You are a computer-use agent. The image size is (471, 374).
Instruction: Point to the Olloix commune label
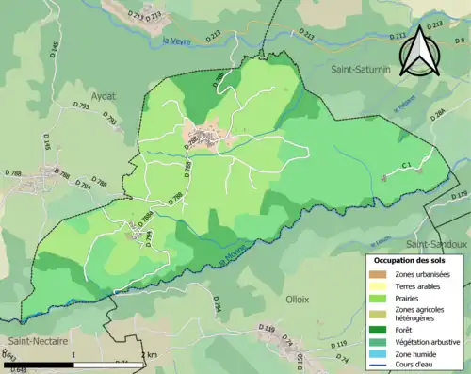[298, 298]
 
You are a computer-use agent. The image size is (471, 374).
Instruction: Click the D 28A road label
[438, 115]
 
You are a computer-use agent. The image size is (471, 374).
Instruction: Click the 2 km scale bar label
[148, 354]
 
